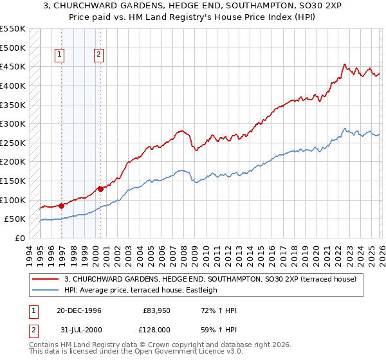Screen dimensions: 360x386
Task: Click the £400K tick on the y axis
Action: pyautogui.click(x=13, y=85)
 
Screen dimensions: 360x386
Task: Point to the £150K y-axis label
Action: pyautogui.click(x=13, y=181)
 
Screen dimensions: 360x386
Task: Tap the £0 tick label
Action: pyautogui.click(x=20, y=238)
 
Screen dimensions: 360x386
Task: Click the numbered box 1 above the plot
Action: pyautogui.click(x=59, y=55)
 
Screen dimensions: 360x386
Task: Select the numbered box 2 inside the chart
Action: pyautogui.click(x=99, y=55)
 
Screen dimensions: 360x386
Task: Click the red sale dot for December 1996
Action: pyautogui.click(x=62, y=206)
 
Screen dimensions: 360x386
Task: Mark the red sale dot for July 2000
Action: pyautogui.click(x=101, y=189)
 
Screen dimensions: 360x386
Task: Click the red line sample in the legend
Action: pyautogui.click(x=46, y=279)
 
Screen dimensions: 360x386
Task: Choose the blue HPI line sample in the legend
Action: pyautogui.click(x=46, y=290)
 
